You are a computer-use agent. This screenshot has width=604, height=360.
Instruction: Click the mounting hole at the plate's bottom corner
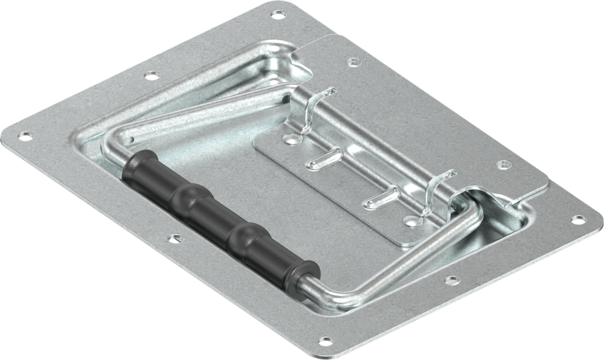click(x=325, y=341)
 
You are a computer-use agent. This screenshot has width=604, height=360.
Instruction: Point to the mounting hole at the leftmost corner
click(x=25, y=136)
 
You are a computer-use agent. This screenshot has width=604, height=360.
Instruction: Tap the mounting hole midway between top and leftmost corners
click(x=152, y=75)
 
